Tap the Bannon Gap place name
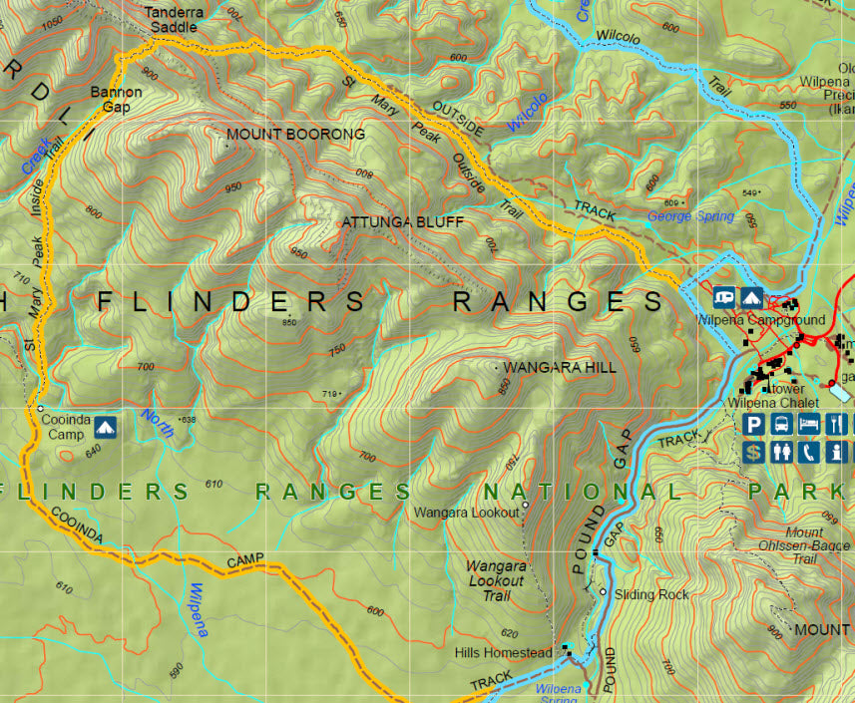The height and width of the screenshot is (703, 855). [x=116, y=99]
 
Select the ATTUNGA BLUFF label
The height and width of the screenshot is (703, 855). [x=403, y=221]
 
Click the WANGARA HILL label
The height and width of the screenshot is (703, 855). [x=560, y=368]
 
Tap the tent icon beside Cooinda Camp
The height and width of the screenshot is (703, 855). [x=105, y=428]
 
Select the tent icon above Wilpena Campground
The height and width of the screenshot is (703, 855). [x=751, y=297]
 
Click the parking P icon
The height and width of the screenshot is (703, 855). [x=755, y=425]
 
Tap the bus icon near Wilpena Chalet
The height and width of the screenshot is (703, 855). [x=782, y=425]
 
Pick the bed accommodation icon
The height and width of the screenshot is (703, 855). [x=809, y=425]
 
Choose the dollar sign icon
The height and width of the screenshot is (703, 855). [x=755, y=452]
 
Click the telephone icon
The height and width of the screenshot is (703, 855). [x=809, y=452]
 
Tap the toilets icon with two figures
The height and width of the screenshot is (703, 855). [x=782, y=452]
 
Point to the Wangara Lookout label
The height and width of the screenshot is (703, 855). [x=467, y=513]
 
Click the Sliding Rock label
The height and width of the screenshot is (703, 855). [x=651, y=594]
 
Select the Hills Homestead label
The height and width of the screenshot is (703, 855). [x=503, y=652]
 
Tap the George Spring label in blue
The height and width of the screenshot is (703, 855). [x=690, y=216]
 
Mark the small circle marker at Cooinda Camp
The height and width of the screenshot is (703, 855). [x=39, y=409]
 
